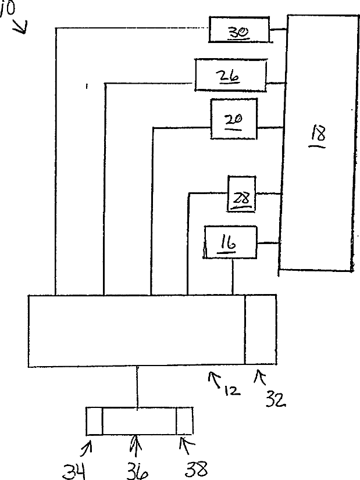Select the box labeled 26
[230, 75]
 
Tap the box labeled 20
[234, 119]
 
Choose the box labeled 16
[230, 242]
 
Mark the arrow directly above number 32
[259, 379]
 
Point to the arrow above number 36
[136, 447]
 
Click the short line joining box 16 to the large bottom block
[233, 277]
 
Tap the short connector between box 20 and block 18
[269, 128]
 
